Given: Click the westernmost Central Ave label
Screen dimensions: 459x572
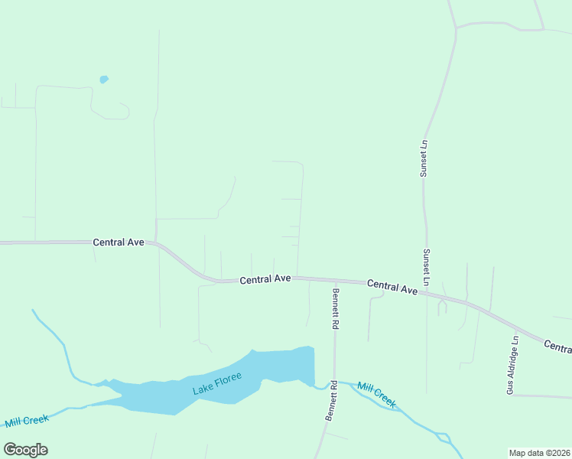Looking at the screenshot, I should [119, 242].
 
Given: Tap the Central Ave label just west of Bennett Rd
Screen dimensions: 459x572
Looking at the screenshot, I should [265, 280].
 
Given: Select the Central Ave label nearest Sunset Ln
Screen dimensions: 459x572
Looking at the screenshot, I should [392, 287].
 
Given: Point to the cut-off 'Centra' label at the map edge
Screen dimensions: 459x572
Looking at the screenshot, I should [557, 347].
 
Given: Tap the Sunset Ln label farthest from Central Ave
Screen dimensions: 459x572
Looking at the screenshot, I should [423, 158].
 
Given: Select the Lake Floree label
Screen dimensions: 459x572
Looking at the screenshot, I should [217, 382].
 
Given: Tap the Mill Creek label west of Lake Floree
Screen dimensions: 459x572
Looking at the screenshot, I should [27, 421].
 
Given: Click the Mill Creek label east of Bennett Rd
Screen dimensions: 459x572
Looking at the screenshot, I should [376, 395].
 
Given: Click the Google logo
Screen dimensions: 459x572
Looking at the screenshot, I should [25, 450].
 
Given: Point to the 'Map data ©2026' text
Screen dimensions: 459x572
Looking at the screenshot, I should [539, 453].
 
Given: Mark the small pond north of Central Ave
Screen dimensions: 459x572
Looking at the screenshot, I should [103, 79].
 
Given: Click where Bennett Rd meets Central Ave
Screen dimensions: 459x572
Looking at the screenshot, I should [335, 280].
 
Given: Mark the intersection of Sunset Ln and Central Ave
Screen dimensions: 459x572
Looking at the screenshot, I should [427, 291].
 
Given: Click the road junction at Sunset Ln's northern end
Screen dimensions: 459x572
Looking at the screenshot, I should [456, 28].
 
